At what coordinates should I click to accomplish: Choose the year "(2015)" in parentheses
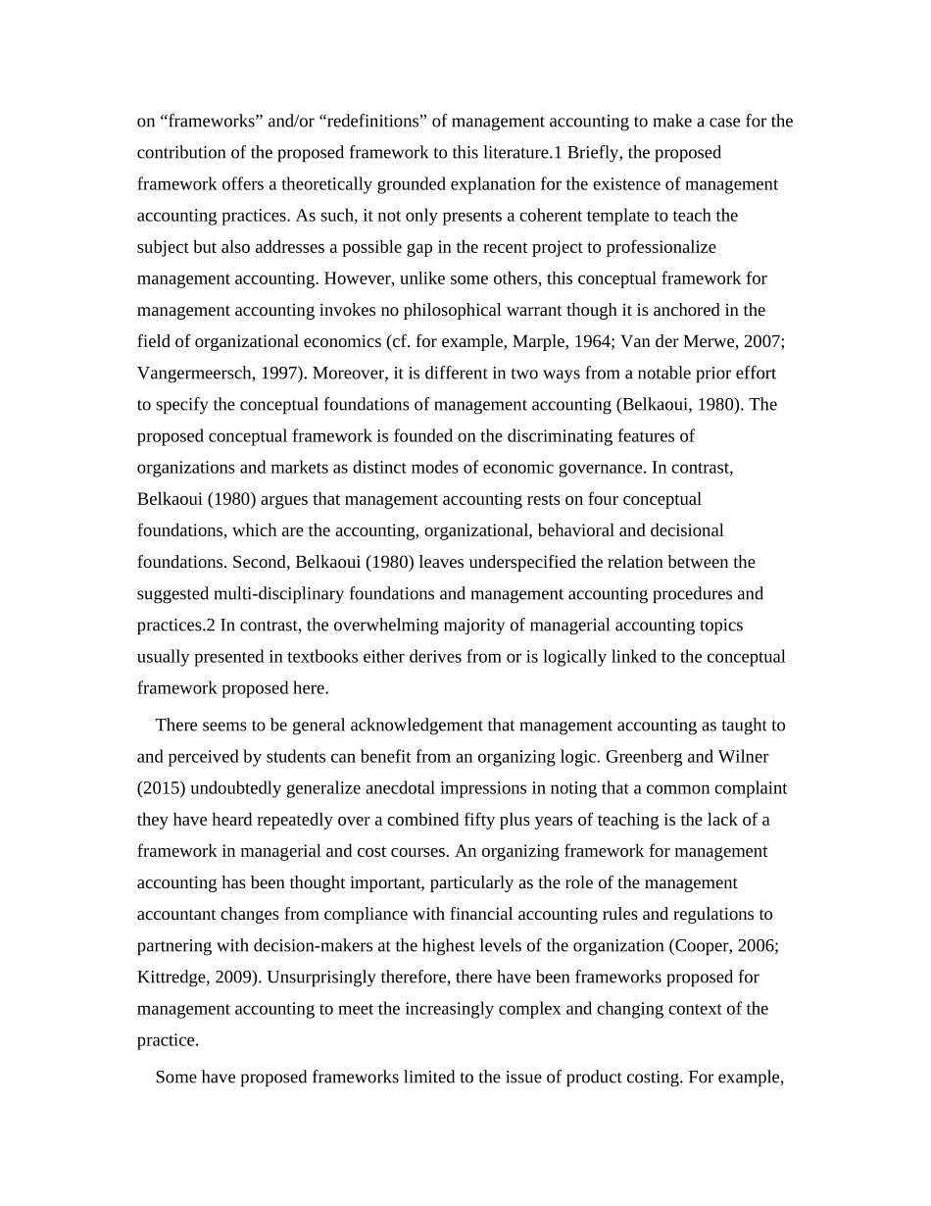[x=163, y=788]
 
